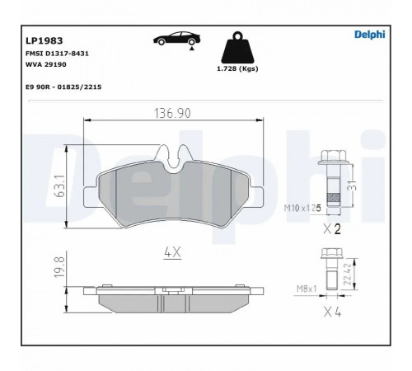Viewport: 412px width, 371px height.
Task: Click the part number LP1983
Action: pyautogui.click(x=44, y=41)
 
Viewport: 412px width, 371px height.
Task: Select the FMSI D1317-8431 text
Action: pyautogui.click(x=57, y=54)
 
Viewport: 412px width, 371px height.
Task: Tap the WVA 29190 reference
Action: pyautogui.click(x=46, y=64)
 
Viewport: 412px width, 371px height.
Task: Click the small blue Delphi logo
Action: pyautogui.click(x=370, y=35)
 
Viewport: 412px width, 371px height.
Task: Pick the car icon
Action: pyautogui.click(x=176, y=39)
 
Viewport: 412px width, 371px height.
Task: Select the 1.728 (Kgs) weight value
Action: pyautogui.click(x=237, y=68)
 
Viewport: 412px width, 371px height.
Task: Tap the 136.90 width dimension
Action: pyautogui.click(x=172, y=113)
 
